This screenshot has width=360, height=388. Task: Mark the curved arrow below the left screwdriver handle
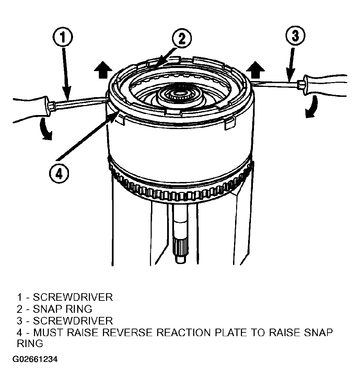tap(45, 129)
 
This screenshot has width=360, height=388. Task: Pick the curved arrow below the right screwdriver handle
tap(312, 107)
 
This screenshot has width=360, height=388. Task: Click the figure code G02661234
tap(35, 359)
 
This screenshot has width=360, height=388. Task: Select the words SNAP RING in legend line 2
tap(62, 309)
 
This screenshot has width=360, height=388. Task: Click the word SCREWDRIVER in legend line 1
tap(73, 297)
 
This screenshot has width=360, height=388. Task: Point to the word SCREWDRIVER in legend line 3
tap(73, 321)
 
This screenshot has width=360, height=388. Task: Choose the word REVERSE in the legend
tap(127, 333)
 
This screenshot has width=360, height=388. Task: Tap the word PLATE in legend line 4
tap(230, 333)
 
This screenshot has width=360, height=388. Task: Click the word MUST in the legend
tap(48, 333)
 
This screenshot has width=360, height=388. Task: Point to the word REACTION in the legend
tap(184, 333)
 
